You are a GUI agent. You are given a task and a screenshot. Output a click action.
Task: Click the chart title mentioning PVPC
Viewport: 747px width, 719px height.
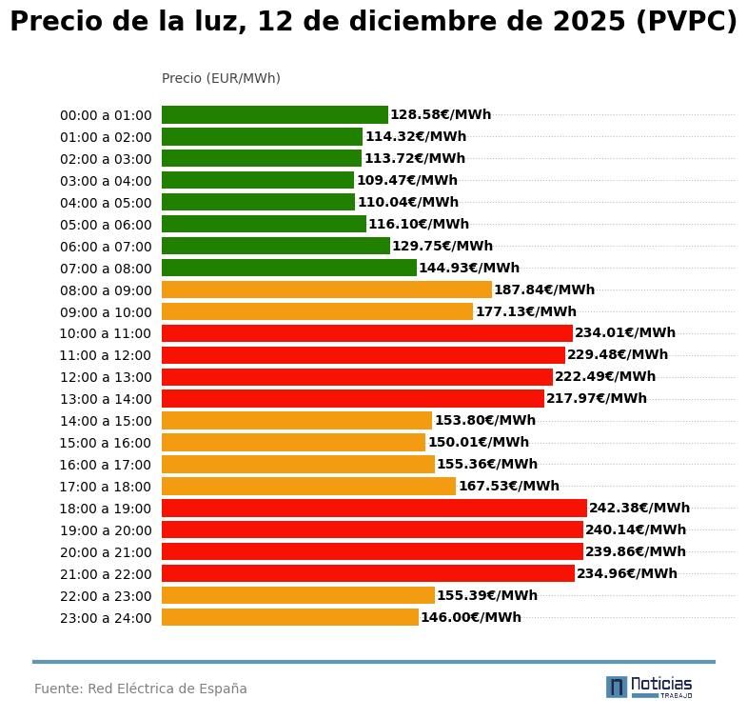pyautogui.click(x=373, y=22)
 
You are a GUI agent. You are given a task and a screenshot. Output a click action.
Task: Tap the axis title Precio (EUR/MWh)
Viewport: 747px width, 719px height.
pyautogui.click(x=221, y=78)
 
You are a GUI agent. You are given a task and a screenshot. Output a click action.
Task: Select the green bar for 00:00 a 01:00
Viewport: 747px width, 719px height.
pyautogui.click(x=274, y=115)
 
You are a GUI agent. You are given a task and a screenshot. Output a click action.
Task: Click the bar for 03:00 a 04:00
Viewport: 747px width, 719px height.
pyautogui.click(x=257, y=180)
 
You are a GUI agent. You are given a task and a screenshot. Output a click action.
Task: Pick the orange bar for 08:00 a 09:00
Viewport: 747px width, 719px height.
pyautogui.click(x=326, y=290)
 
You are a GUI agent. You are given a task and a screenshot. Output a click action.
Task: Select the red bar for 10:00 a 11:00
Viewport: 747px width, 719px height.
pyautogui.click(x=366, y=333)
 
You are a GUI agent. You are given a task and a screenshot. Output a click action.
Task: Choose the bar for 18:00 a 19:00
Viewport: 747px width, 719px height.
pyautogui.click(x=374, y=508)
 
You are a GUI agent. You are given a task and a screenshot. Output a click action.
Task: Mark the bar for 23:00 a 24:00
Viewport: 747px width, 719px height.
pyautogui.click(x=289, y=617)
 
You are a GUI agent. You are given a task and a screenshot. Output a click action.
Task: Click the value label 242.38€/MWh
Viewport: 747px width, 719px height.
pyautogui.click(x=639, y=508)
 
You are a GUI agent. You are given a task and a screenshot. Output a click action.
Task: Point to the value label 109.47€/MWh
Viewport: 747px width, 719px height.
pyautogui.click(x=407, y=180)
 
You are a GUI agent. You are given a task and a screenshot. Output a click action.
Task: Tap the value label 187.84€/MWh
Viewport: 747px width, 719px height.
pyautogui.click(x=544, y=290)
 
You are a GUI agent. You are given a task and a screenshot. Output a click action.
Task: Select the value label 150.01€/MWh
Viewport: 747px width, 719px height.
pyautogui.click(x=479, y=442)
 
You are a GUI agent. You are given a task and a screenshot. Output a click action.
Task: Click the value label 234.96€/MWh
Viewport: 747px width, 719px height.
pyautogui.click(x=627, y=573)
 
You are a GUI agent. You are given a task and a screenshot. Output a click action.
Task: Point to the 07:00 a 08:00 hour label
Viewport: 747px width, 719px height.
pyautogui.click(x=106, y=269)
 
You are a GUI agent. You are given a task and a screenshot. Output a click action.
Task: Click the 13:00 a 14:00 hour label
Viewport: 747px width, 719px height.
pyautogui.click(x=106, y=399)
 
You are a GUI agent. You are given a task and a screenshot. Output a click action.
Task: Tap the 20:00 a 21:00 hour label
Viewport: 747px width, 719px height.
pyautogui.click(x=106, y=552)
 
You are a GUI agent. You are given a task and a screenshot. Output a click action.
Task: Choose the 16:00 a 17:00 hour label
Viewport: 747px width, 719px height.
pyautogui.click(x=106, y=465)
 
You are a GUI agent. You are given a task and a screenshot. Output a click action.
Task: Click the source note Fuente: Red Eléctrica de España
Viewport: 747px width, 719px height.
pyautogui.click(x=141, y=689)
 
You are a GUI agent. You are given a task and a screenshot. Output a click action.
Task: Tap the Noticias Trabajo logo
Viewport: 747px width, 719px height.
pyautogui.click(x=649, y=687)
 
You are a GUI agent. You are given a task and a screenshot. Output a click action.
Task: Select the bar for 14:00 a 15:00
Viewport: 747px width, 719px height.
pyautogui.click(x=296, y=420)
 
